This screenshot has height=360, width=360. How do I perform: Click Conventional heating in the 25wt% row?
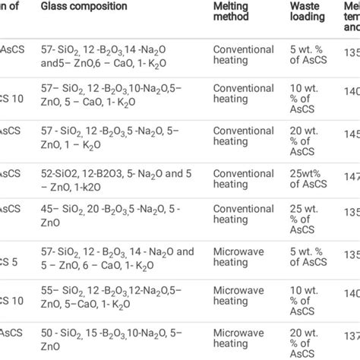click(x=244, y=179)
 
